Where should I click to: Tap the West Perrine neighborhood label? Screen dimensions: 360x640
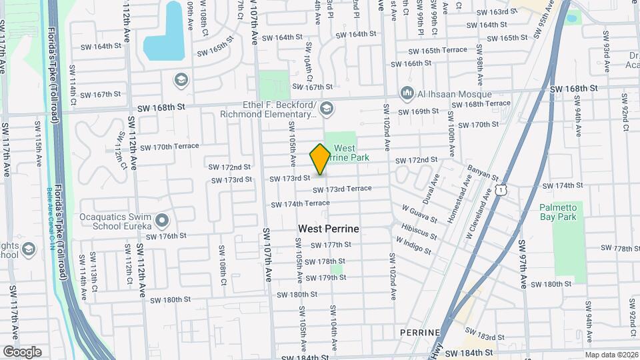(x=328, y=229)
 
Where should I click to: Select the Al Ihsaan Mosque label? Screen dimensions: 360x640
(x=455, y=95)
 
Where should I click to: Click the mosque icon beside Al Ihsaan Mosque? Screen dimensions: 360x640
(x=406, y=93)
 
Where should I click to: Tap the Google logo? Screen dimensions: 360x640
(x=22, y=351)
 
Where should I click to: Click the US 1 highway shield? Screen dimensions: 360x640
(x=499, y=191)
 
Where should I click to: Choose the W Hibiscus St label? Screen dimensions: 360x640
(x=418, y=231)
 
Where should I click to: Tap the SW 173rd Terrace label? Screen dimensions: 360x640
(x=342, y=189)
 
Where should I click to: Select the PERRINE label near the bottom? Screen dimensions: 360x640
(x=419, y=332)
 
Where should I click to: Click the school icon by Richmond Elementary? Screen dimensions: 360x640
(x=327, y=107)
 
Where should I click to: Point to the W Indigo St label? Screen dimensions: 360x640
(x=413, y=244)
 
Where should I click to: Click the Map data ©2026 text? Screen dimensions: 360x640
(x=610, y=355)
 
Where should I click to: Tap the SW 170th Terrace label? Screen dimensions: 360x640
(x=167, y=147)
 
